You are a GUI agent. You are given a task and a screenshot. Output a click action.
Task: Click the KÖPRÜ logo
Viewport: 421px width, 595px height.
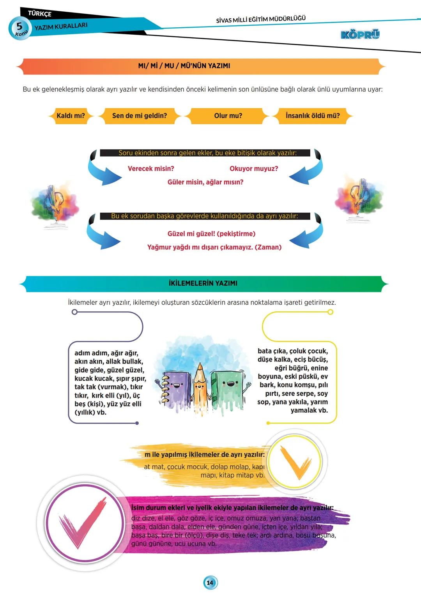(360, 35)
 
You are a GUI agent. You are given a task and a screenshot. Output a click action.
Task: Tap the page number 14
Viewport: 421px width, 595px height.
(210, 583)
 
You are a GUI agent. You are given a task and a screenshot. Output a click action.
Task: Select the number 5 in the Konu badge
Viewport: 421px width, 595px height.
(19, 26)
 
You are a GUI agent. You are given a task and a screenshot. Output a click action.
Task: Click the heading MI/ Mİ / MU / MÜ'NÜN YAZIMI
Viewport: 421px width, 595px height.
(184, 66)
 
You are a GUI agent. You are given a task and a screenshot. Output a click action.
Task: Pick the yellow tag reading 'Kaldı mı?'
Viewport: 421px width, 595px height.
(71, 116)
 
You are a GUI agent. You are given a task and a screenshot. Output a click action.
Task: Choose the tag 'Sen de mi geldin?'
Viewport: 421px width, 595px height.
(139, 116)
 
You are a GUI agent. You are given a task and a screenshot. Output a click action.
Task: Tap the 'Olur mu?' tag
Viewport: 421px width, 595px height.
(228, 116)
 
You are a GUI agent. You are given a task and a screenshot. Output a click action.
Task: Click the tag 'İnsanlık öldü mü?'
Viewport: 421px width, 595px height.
(313, 116)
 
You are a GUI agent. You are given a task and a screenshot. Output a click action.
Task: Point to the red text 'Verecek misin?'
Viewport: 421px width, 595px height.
(151, 169)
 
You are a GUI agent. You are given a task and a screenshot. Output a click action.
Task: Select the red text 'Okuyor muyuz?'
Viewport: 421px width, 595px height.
(254, 169)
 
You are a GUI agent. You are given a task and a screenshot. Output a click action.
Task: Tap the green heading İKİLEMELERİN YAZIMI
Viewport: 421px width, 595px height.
(203, 283)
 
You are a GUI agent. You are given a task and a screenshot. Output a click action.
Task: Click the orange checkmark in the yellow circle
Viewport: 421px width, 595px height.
(296, 461)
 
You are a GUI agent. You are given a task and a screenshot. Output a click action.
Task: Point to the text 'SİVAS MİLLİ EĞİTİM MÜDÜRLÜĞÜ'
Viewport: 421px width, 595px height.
(261, 19)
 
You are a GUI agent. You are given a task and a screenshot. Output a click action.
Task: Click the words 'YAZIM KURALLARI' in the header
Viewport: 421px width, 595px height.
(61, 26)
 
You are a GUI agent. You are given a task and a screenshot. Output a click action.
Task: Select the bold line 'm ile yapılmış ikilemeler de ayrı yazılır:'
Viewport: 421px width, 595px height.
(204, 454)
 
